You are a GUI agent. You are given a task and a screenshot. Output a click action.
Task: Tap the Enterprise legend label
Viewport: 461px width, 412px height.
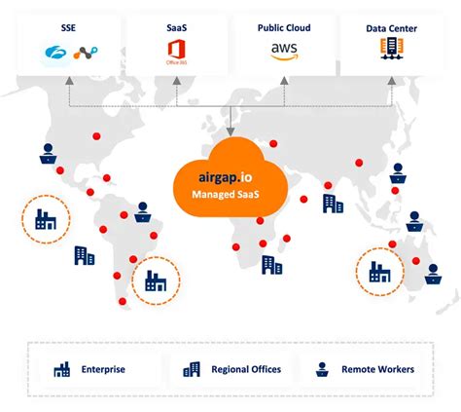point(103,369)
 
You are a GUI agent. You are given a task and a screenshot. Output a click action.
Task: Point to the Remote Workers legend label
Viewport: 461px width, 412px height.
point(377,369)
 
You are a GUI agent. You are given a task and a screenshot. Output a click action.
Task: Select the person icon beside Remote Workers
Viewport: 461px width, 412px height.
point(321,369)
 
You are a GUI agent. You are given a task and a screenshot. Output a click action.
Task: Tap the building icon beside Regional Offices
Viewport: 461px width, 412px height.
point(192,369)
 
